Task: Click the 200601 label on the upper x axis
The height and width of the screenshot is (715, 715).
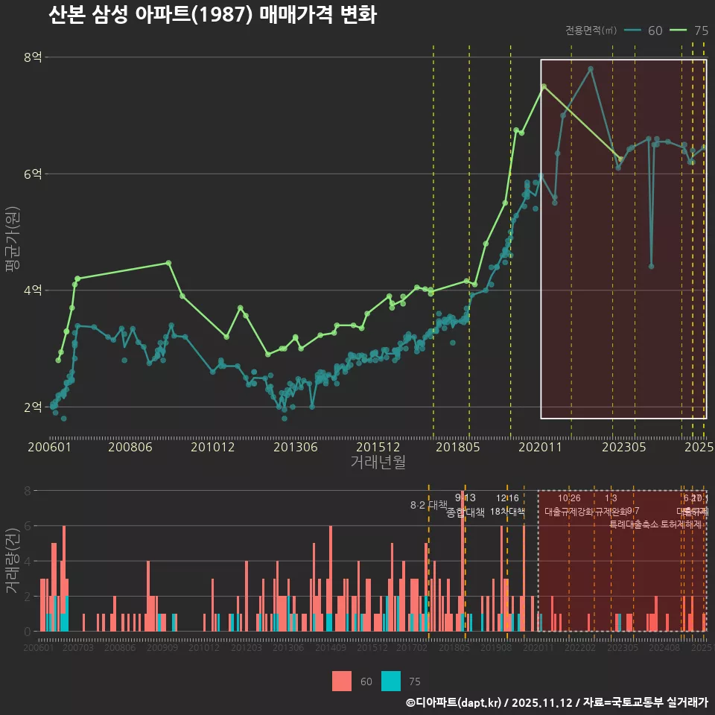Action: [49, 448]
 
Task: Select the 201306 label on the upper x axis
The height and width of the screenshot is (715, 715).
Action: [296, 448]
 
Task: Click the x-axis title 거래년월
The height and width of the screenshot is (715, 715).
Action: [378, 463]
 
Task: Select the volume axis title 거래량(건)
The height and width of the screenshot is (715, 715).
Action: [12, 561]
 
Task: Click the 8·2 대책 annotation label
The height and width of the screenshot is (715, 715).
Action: [424, 505]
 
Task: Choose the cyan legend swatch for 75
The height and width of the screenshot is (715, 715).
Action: [390, 681]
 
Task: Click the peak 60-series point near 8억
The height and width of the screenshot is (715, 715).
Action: [591, 69]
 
